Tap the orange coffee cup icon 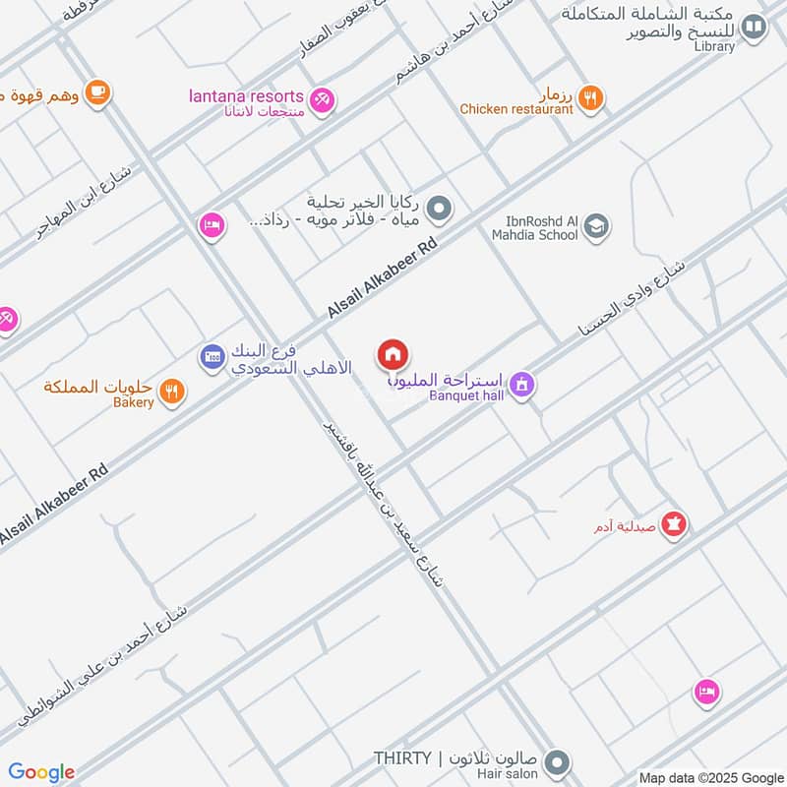[x=96, y=92]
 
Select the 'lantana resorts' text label [x=246, y=95]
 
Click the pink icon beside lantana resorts [x=322, y=99]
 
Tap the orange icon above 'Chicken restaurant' [x=590, y=96]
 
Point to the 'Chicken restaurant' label [x=516, y=110]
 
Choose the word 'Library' [x=713, y=46]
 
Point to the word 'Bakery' [x=133, y=402]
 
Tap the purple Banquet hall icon [x=522, y=385]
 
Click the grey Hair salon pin [x=558, y=762]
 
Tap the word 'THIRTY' [x=401, y=757]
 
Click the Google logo [x=41, y=772]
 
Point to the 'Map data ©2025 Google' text [x=710, y=777]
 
